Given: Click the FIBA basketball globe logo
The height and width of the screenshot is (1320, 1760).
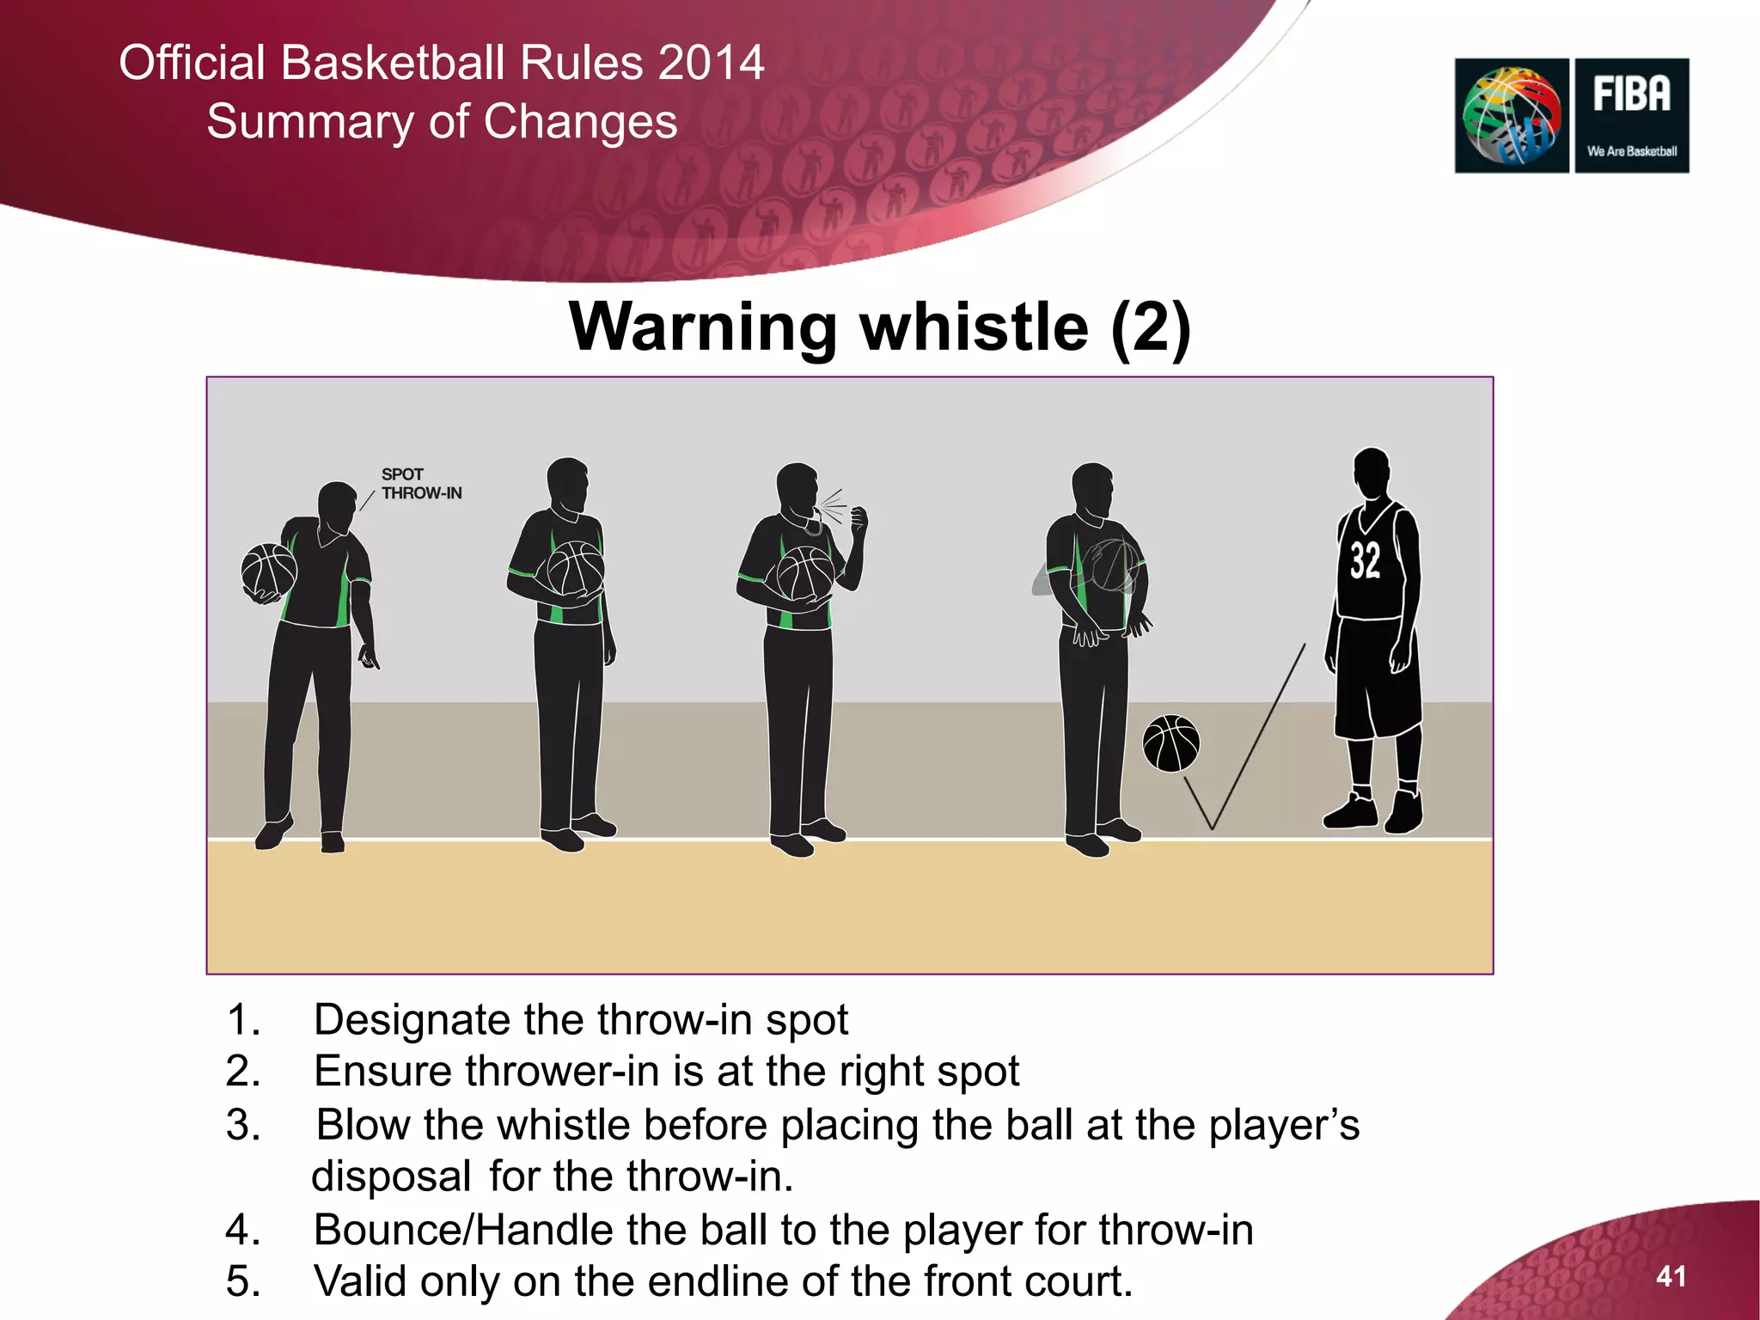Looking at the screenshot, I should point(1512,116).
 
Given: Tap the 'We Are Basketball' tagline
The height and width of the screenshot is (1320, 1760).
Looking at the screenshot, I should point(1631,151).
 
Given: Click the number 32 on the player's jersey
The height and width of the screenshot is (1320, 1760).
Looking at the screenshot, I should point(1365,561).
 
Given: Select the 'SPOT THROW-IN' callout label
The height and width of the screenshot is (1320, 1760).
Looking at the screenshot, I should point(421,484).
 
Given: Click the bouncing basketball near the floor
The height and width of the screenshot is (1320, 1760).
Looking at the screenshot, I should point(1170,743).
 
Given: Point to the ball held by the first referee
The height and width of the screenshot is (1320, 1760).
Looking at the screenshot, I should point(269,571).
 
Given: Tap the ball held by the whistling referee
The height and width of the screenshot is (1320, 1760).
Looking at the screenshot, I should point(804,574).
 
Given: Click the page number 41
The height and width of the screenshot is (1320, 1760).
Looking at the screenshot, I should point(1671,1276).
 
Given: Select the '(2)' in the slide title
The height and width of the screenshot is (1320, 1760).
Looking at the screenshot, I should point(1150,327).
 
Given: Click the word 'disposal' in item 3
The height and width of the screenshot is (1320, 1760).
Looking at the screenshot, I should point(391,1176).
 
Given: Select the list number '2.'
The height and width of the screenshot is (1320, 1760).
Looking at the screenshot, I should point(243,1072).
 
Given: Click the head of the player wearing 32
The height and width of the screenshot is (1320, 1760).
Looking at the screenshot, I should point(1372,473).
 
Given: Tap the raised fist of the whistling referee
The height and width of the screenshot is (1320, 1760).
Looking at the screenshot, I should point(858,519).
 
